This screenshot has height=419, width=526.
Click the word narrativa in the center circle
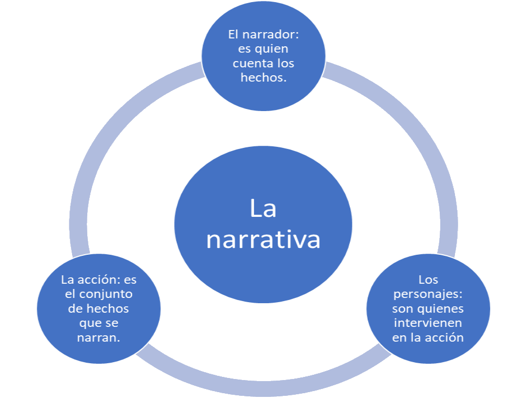click(x=263, y=240)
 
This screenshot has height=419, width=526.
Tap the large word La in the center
click(x=263, y=209)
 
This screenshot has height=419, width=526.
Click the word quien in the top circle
click(x=274, y=49)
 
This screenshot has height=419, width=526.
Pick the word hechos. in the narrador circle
click(x=263, y=78)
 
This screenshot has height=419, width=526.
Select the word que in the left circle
click(x=88, y=323)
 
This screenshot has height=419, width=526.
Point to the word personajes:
click(x=428, y=294)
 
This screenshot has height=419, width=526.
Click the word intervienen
click(x=428, y=323)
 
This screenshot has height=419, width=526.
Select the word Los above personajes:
click(x=428, y=280)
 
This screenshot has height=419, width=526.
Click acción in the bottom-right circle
click(x=446, y=337)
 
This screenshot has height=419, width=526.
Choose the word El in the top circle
click(x=234, y=35)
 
